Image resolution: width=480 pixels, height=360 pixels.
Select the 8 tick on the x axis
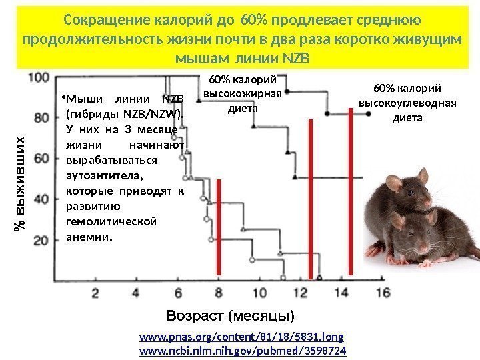[x=219, y=291]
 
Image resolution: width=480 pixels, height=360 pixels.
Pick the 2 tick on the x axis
[x=95, y=291]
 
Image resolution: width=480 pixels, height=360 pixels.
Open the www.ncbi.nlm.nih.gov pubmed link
[x=243, y=350]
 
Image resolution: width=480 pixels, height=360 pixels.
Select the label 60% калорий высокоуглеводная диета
[x=407, y=103]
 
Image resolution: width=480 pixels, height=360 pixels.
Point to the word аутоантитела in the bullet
[x=105, y=176]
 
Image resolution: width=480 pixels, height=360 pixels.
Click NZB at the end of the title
[x=296, y=57]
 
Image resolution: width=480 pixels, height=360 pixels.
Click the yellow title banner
[x=240, y=37]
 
